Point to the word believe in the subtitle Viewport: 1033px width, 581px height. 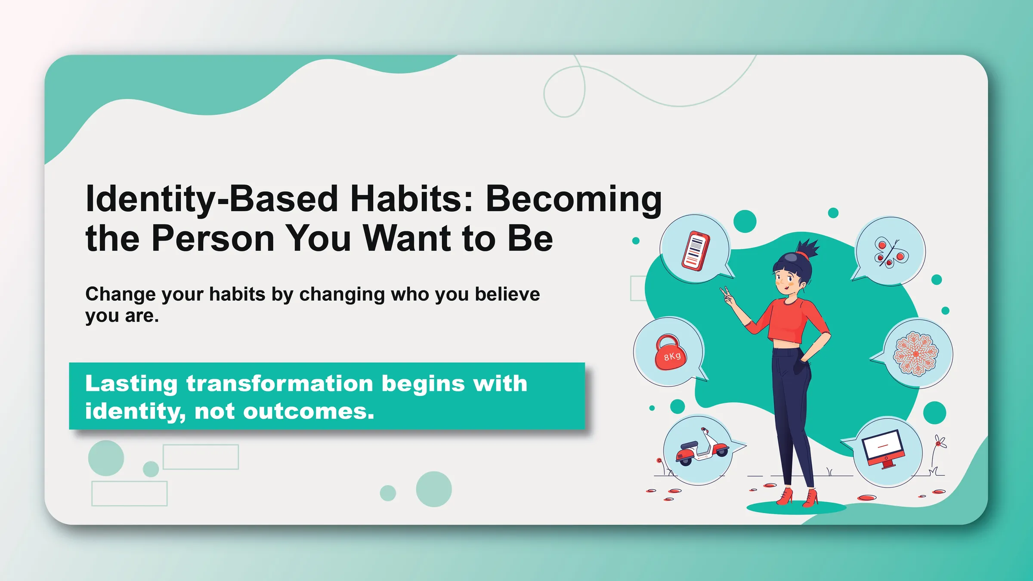click(x=507, y=294)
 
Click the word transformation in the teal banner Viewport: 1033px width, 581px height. click(x=280, y=383)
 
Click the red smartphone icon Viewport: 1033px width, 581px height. click(x=696, y=251)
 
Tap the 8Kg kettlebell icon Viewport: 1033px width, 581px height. click(x=671, y=352)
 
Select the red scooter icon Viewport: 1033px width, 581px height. click(x=702, y=447)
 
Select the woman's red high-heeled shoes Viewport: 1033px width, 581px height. click(x=797, y=497)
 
